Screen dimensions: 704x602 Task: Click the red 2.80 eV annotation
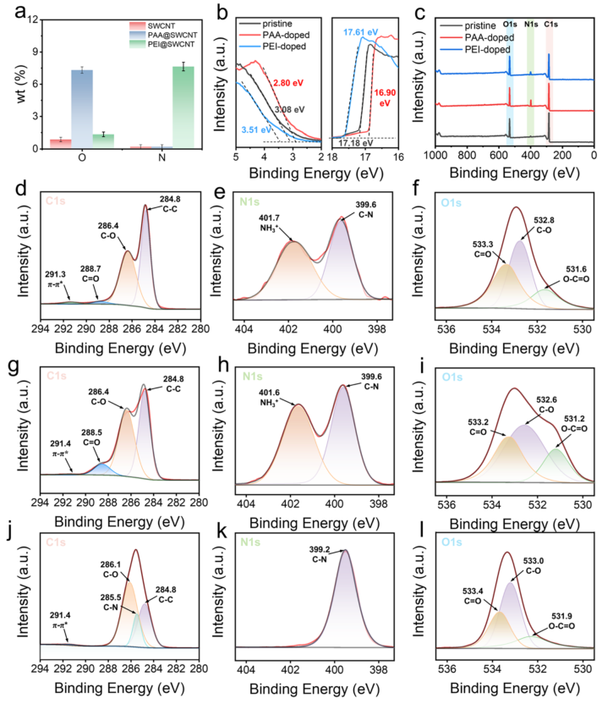pos(282,82)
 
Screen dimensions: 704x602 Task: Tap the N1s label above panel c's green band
pos(530,24)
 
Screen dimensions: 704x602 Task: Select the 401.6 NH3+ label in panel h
pos(263,391)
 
